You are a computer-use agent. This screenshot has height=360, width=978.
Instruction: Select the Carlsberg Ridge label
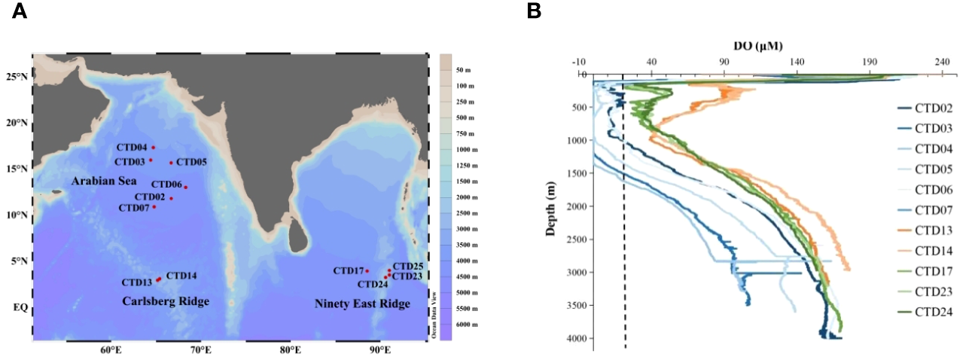point(166,302)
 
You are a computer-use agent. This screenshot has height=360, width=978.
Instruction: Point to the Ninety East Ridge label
point(362,304)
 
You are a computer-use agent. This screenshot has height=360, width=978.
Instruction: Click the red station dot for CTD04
point(154,148)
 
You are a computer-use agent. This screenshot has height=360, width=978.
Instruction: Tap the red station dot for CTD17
point(367,271)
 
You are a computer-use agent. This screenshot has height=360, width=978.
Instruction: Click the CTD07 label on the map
point(135,207)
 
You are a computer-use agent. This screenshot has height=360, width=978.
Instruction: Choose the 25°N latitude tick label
point(16,77)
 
